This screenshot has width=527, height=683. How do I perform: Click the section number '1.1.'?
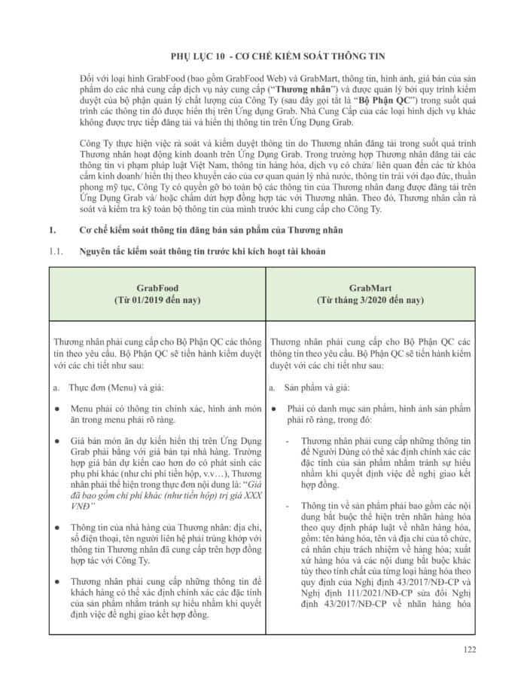pyautogui.click(x=56, y=250)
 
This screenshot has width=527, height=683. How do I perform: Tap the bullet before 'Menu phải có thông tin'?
pyautogui.click(x=58, y=408)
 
